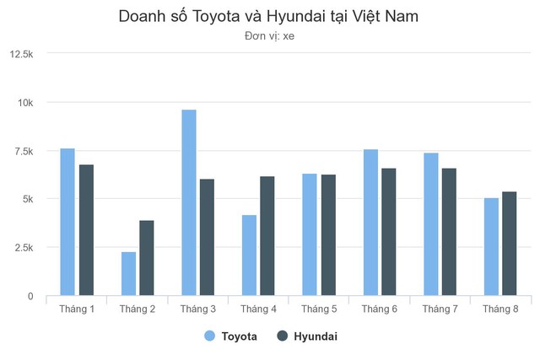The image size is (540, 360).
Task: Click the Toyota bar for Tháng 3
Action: [x=189, y=203]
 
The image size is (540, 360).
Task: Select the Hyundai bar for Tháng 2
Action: [x=147, y=258]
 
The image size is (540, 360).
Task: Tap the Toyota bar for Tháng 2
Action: [x=128, y=274]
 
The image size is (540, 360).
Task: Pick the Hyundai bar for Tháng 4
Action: [x=267, y=236]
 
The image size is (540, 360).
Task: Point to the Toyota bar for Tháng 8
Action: [x=491, y=247]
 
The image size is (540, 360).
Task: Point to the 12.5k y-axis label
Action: [x=22, y=54]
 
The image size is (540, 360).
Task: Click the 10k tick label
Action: [x=26, y=103]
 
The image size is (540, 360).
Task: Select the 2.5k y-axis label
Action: [x=24, y=248]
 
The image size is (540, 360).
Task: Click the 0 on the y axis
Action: [x=30, y=297]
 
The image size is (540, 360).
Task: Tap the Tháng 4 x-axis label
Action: [x=258, y=309]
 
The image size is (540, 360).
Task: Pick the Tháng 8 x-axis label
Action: [x=500, y=309]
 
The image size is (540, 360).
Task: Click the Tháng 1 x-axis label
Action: [x=77, y=309]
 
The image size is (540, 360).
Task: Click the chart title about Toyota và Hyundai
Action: [x=269, y=17]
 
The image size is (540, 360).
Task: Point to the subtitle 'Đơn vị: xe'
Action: [x=269, y=35]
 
